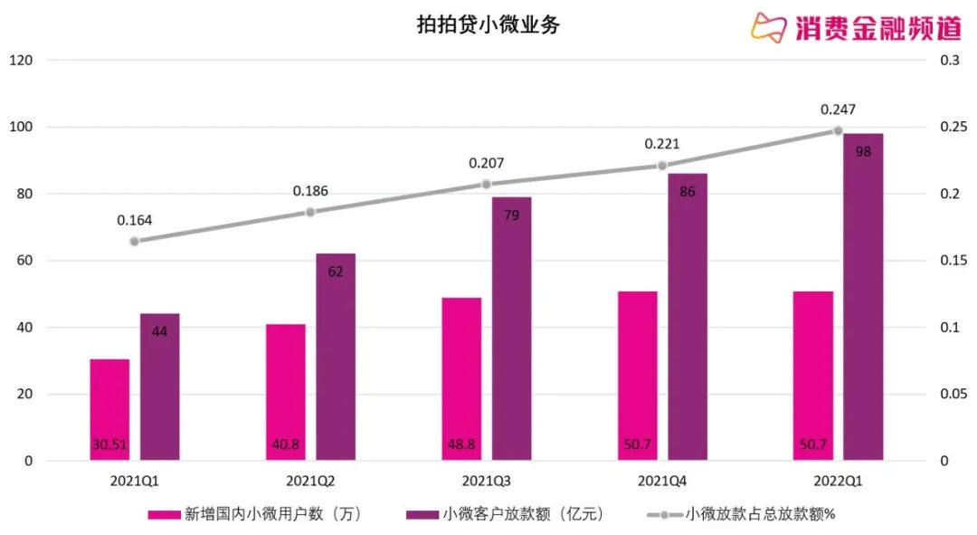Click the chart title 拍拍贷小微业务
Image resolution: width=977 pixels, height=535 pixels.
(488, 24)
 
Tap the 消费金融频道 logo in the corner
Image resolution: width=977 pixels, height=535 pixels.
(855, 27)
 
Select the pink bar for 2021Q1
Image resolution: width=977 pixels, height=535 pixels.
(109, 409)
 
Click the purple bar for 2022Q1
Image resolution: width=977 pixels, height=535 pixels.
(863, 297)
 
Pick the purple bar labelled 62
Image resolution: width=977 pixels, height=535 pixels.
(336, 357)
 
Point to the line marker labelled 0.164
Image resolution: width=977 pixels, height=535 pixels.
(135, 241)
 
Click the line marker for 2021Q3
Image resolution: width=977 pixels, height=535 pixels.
(486, 184)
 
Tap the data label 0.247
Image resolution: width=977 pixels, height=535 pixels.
(838, 110)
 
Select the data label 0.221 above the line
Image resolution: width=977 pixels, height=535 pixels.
(662, 144)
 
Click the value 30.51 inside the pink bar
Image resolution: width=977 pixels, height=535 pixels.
(109, 444)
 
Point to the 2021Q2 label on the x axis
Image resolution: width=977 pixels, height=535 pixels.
(310, 480)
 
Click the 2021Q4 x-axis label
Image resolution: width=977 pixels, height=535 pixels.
(662, 480)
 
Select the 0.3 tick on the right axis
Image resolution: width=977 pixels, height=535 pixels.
(949, 61)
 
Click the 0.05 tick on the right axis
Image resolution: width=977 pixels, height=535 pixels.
(953, 395)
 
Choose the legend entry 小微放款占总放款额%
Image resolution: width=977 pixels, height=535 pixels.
(741, 514)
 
